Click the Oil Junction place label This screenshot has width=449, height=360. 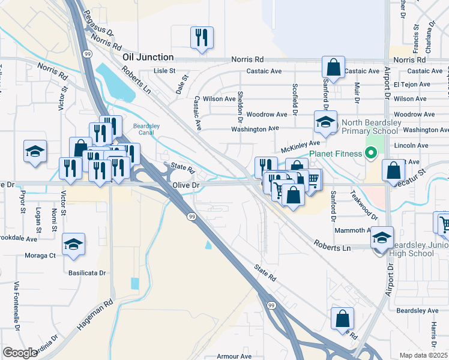pos(148,58)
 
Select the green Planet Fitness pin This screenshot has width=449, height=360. pos(370,154)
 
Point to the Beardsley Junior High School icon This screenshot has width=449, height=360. pos(382,238)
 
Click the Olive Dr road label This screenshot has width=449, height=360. pos(186,186)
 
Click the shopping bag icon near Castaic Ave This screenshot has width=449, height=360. pos(333,67)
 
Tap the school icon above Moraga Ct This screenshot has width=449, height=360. pos(74,244)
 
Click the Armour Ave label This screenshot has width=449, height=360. pos(234,356)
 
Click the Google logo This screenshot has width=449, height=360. pos(20,353)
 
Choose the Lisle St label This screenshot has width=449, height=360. pos(163,71)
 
